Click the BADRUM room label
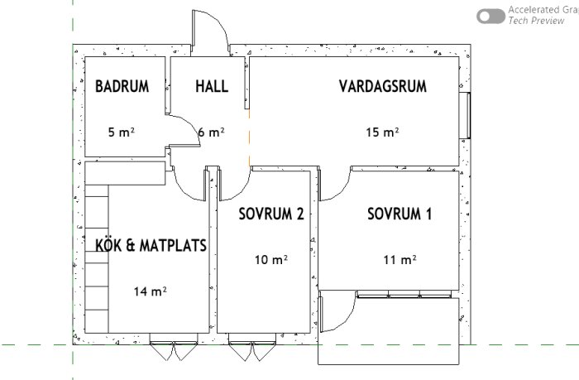click(x=122, y=86)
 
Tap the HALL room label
click(x=212, y=86)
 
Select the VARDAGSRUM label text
click(x=382, y=86)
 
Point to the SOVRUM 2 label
click(x=270, y=214)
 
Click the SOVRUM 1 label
click(x=400, y=214)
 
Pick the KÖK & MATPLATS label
click(x=151, y=245)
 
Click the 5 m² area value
click(x=122, y=132)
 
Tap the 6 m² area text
click(x=212, y=132)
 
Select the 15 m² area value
click(x=383, y=132)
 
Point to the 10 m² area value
click(x=270, y=259)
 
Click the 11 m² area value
click(x=400, y=259)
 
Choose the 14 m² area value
click(x=151, y=291)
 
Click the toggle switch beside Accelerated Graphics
click(x=491, y=16)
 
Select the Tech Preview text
click(x=537, y=21)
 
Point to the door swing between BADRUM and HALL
click(x=184, y=132)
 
